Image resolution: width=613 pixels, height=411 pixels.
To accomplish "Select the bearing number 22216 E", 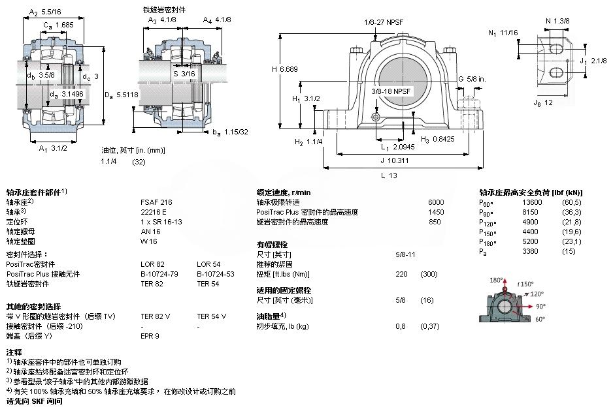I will [154, 212].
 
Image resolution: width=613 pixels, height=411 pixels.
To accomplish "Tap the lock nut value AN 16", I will [150, 231].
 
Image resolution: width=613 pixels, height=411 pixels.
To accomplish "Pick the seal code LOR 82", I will [152, 264].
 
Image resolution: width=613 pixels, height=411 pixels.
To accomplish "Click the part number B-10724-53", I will [215, 274].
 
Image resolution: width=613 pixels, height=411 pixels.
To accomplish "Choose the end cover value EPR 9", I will [150, 336].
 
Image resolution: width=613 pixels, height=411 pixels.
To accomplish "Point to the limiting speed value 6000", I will [435, 202].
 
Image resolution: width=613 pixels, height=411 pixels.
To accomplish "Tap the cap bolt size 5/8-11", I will [406, 254].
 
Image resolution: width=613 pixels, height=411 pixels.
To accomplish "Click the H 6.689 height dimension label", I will [284, 70].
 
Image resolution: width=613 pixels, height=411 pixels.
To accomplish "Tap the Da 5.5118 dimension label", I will [122, 95].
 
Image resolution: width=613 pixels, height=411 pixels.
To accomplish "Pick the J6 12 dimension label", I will [543, 102].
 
